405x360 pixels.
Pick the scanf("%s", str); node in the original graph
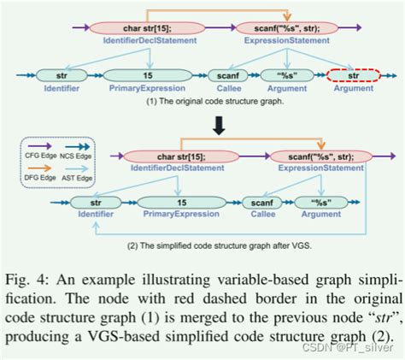coord(293,27)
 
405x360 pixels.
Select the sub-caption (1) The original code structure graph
coord(204,100)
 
